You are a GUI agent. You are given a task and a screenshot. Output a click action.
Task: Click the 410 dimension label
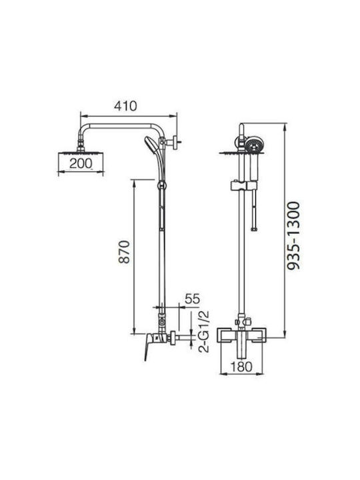(x=125, y=106)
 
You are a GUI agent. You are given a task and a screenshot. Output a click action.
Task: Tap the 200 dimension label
(x=81, y=163)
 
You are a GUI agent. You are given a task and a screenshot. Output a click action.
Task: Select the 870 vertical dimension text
(x=125, y=252)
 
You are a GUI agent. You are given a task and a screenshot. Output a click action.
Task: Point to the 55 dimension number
(x=192, y=299)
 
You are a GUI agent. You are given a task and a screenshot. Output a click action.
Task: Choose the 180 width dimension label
(x=241, y=367)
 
